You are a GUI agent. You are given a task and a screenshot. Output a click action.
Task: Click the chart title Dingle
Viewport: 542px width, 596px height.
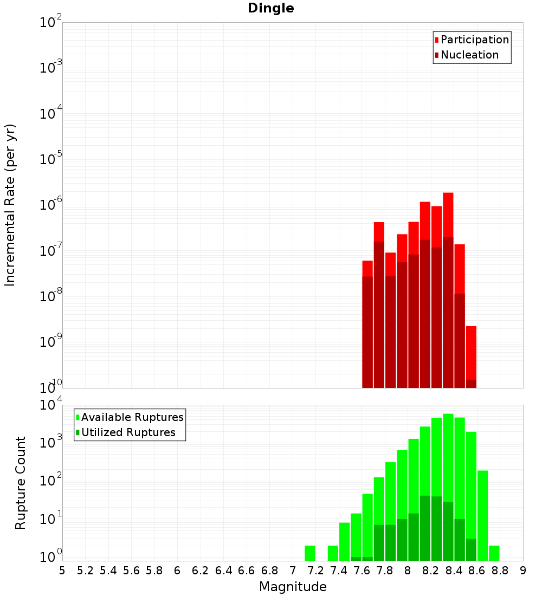click(x=270, y=8)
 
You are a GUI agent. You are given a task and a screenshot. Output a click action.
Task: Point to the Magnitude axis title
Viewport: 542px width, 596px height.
click(x=293, y=587)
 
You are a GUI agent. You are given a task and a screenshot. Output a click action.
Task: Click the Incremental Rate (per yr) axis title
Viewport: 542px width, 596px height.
click(x=10, y=205)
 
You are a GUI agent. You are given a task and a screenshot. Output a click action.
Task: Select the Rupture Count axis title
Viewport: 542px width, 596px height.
click(x=21, y=483)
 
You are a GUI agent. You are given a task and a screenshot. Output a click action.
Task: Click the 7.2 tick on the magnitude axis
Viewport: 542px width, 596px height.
click(x=315, y=571)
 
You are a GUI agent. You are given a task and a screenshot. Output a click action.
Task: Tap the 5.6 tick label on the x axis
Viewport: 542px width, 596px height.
click(x=131, y=571)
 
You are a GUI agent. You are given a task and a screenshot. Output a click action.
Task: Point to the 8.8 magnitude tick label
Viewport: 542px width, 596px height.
click(x=500, y=571)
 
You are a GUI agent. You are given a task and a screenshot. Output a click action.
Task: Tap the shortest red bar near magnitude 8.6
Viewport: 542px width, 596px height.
click(x=471, y=352)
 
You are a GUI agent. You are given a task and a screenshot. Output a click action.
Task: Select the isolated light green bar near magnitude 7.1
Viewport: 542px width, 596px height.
click(x=309, y=553)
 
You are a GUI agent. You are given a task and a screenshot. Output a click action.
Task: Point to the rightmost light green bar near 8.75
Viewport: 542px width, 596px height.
click(x=494, y=553)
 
